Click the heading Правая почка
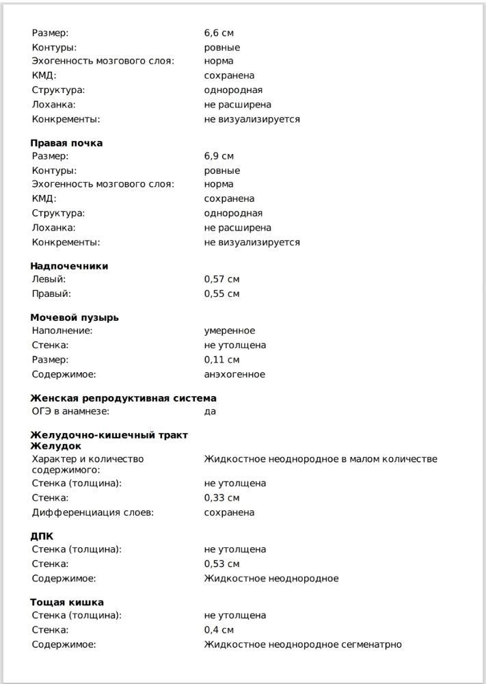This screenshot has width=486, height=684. [x=66, y=143]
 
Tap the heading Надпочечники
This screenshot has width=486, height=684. [x=69, y=266]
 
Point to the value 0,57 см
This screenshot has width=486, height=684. [x=221, y=279]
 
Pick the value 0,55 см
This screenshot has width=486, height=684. [x=221, y=293]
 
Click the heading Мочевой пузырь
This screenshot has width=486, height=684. [x=75, y=317]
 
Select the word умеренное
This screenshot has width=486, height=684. [x=230, y=330]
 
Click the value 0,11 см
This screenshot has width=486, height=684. [x=221, y=360]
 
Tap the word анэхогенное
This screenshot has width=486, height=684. [x=234, y=374]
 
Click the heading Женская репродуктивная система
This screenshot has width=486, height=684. [x=123, y=398]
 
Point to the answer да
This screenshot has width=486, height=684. [x=210, y=412]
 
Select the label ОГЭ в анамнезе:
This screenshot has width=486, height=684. [x=70, y=412]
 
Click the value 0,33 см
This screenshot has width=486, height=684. [x=221, y=498]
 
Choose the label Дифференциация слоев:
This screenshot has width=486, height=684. [x=93, y=512]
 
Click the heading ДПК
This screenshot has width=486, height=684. [x=42, y=536]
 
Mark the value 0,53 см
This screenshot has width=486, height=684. [x=221, y=564]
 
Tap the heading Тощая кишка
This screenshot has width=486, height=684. [x=67, y=603]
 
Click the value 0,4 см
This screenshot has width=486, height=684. [x=219, y=630]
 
